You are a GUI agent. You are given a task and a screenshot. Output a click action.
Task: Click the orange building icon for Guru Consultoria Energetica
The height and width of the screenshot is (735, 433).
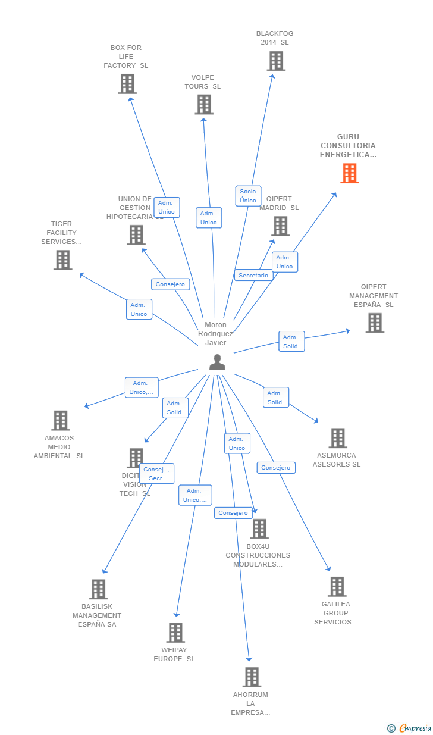pyautogui.click(x=349, y=173)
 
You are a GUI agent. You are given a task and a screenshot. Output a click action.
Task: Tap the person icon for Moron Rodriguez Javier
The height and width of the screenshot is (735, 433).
pyautogui.click(x=217, y=362)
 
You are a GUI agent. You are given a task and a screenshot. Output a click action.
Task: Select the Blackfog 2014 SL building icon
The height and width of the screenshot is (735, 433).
pyautogui.click(x=275, y=61)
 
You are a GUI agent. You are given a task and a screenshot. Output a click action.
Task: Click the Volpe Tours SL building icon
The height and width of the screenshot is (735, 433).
pyautogui.click(x=203, y=105)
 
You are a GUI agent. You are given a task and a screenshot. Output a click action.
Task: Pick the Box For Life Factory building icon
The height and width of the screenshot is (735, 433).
pyautogui.click(x=127, y=84)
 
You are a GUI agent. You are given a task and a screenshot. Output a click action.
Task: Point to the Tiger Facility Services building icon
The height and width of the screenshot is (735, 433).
pyautogui.click(x=62, y=260)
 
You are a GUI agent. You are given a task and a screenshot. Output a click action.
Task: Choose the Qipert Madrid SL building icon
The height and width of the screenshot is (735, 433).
pyautogui.click(x=280, y=226)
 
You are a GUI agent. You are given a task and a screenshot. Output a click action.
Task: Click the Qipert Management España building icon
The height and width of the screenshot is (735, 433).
pyautogui.click(x=374, y=323)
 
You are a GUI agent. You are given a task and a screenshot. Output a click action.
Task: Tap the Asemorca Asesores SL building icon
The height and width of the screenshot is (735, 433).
pyautogui.click(x=337, y=438)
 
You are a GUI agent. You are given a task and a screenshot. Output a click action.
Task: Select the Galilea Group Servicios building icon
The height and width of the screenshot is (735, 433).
pyautogui.click(x=337, y=587)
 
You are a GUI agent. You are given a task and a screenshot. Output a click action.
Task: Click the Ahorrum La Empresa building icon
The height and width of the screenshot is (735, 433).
pyautogui.click(x=252, y=677)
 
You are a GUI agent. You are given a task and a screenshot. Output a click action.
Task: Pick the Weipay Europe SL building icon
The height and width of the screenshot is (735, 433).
pyautogui.click(x=175, y=633)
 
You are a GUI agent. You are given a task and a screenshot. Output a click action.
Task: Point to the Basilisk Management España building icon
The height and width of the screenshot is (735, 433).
pyautogui.click(x=98, y=589)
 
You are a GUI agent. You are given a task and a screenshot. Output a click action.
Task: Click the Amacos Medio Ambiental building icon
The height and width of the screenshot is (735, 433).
pyautogui.click(x=60, y=421)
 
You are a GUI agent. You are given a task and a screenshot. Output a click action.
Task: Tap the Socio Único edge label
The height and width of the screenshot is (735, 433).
pyautogui.click(x=248, y=196)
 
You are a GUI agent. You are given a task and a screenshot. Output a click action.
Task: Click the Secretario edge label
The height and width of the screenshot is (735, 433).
pyautogui.click(x=253, y=276)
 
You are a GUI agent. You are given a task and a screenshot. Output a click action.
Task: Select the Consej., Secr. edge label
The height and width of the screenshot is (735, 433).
pyautogui.click(x=156, y=474)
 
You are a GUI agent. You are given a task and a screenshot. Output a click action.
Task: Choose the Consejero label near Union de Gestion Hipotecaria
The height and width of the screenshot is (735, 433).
pyautogui.click(x=170, y=284)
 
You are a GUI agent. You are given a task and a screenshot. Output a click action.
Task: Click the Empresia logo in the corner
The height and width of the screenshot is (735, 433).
pyautogui.click(x=409, y=728)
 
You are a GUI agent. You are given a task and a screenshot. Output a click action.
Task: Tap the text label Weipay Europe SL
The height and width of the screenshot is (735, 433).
pyautogui.click(x=174, y=655)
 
